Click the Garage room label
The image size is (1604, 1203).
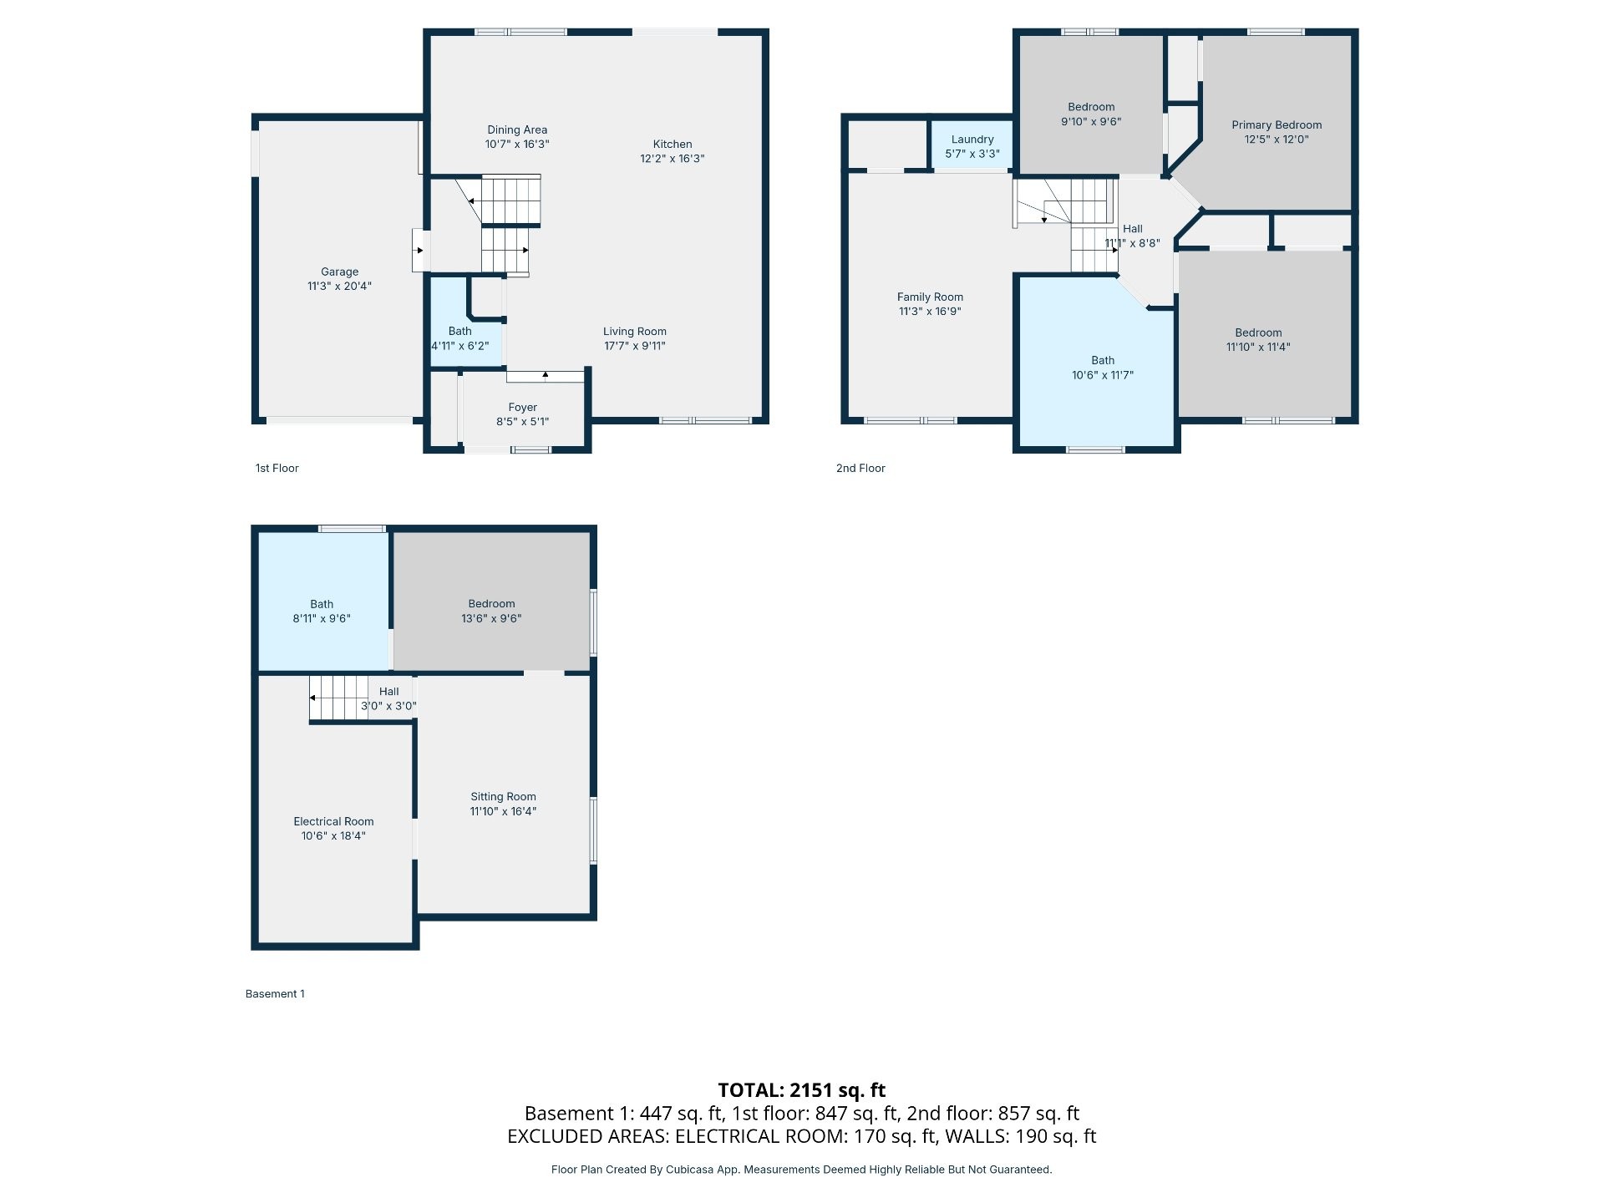point(339,272)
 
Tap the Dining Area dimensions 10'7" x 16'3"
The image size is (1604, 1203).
point(517,144)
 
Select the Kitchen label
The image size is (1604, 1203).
point(673,144)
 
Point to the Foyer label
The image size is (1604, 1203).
point(523,408)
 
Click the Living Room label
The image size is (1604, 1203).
point(635,332)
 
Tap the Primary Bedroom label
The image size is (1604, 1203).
point(1277,125)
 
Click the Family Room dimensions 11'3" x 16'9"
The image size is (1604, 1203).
point(930,312)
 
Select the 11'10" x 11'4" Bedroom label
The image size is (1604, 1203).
point(1258,332)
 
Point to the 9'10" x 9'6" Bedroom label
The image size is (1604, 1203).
point(1091,107)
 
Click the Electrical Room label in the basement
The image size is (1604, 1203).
point(333,821)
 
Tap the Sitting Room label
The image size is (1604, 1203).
point(503,797)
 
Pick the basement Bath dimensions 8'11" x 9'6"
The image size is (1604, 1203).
point(322,619)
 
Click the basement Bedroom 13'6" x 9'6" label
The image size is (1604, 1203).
point(491,604)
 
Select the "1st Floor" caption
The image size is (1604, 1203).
point(277,468)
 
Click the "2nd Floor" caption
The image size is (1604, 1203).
point(860,468)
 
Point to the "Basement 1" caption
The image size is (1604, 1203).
point(275,994)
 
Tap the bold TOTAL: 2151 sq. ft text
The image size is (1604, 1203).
point(802,1090)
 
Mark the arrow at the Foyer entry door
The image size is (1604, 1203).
point(546,375)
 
